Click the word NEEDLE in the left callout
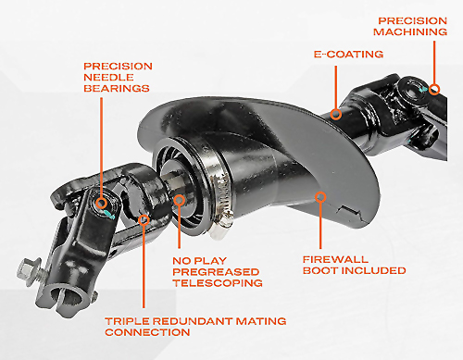pos(108,77)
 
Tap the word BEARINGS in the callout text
pos(117,89)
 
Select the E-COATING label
pos(348,55)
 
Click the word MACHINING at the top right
pos(410,31)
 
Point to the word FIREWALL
pos(335,259)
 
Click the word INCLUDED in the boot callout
pos(375,270)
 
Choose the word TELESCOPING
pos(218,283)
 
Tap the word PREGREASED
pos(216,272)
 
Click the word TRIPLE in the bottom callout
pos(127,321)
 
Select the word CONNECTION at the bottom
pos(147,332)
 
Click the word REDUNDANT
pos(193,321)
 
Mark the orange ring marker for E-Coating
pos(336,114)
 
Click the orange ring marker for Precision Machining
pos(434,90)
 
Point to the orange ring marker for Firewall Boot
pos(320,197)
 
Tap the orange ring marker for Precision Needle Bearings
pos(101,204)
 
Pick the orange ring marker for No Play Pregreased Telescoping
pos(179,200)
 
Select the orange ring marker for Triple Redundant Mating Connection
pos(144,219)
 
